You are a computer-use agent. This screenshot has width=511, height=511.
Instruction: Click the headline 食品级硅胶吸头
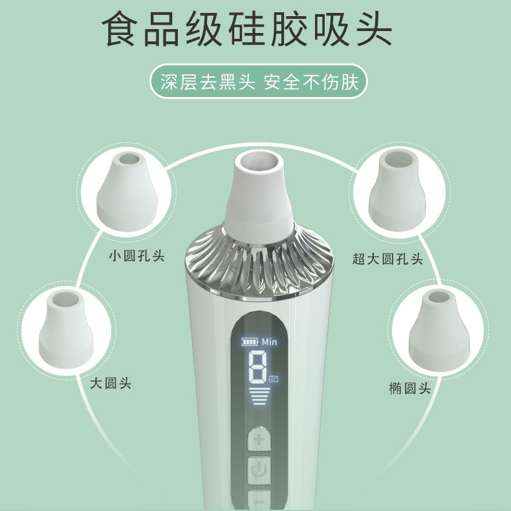click(x=246, y=29)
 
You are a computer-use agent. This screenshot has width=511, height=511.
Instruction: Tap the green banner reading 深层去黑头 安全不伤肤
click(x=259, y=82)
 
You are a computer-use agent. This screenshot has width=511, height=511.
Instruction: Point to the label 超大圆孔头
click(x=387, y=259)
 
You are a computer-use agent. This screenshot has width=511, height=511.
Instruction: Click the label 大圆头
click(x=111, y=383)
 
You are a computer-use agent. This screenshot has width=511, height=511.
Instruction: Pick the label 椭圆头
click(x=409, y=388)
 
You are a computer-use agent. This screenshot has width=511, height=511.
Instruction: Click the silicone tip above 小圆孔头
click(x=127, y=191)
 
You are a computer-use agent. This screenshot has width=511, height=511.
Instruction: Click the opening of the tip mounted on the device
click(x=259, y=162)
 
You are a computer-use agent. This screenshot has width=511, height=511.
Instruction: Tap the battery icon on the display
click(x=250, y=342)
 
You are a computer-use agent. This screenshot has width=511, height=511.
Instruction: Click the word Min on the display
click(x=269, y=342)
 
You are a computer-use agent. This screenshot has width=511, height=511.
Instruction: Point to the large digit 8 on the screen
click(x=258, y=367)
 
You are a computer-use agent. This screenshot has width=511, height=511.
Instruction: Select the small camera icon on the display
click(x=274, y=378)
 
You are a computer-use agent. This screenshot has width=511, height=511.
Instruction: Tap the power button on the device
click(x=259, y=470)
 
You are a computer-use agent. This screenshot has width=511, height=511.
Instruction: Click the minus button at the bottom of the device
click(x=259, y=500)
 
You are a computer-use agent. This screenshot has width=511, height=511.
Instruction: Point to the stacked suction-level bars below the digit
click(x=259, y=396)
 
